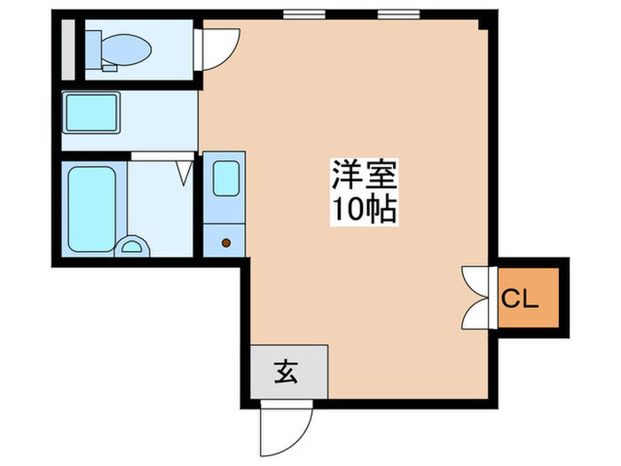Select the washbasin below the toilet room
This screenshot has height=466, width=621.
tap(91, 114)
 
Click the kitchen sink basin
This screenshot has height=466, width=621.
tap(225, 178)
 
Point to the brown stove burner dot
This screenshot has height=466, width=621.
tap(225, 241)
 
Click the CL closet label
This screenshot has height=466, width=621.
tap(521, 299)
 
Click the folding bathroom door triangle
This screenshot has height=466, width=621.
tap(185, 172)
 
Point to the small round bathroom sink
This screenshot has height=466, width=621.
tap(133, 246)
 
